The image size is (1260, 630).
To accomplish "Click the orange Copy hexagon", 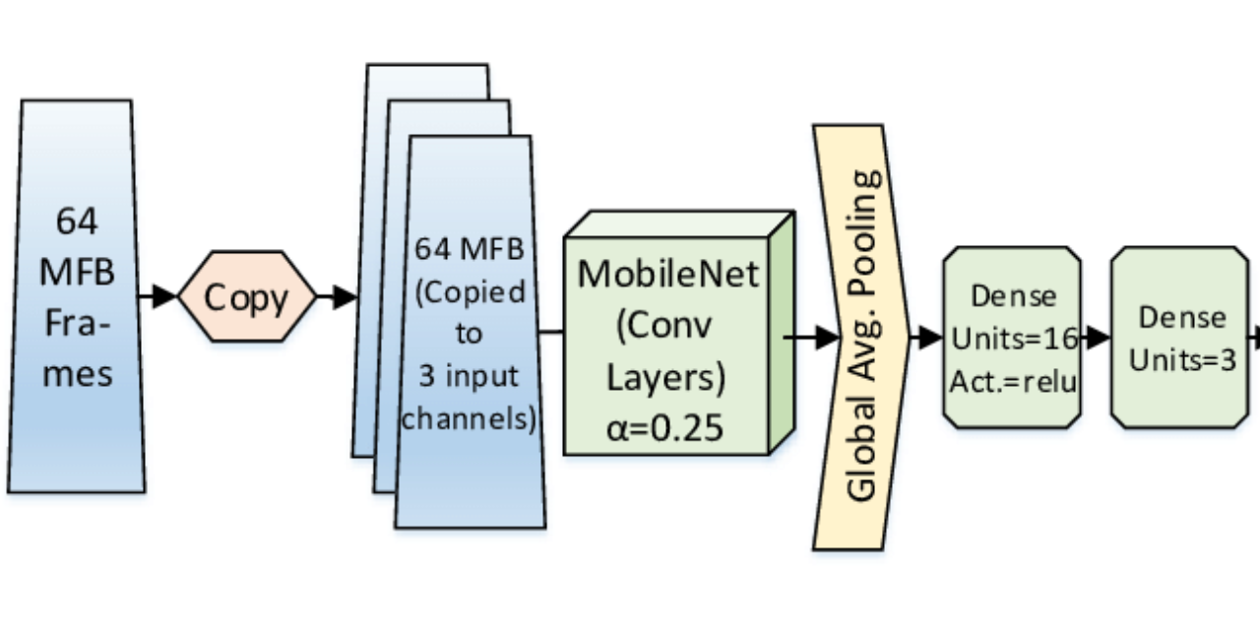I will [247, 297].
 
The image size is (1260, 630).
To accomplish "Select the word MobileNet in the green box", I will [668, 273].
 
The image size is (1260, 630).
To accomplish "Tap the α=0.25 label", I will [666, 426].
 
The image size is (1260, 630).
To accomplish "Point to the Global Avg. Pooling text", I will [862, 336].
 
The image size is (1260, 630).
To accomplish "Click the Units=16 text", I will [1013, 339].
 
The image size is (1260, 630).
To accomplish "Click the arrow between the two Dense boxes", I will [1096, 339].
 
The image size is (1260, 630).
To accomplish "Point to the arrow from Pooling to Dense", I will [926, 338].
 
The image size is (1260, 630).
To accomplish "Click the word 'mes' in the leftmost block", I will [76, 373].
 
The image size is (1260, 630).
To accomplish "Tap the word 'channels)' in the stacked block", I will [470, 419].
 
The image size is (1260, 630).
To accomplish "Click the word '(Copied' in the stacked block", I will [470, 292].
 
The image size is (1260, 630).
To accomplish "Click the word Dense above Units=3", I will [1181, 317].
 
